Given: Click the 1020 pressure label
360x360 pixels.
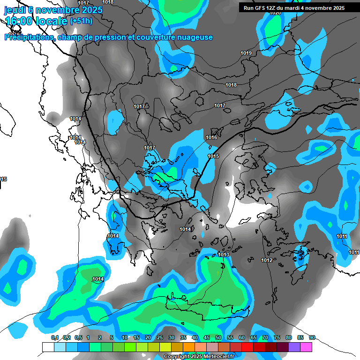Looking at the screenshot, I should pos(275,13).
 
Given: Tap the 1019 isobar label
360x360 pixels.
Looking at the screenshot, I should pos(246,53).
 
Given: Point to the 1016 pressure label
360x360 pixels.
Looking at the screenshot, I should pos(211,137).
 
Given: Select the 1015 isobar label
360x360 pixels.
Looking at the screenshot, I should pos(213,156).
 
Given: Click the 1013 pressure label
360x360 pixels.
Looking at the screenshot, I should pos(224,255).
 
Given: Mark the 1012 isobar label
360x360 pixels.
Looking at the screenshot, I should pos(267,260).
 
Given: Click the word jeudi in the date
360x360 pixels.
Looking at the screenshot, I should pos(15,9).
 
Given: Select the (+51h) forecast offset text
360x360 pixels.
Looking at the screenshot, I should pos(81,21).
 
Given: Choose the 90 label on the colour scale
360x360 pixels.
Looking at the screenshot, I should pos(312,337).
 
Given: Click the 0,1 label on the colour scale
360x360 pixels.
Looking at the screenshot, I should pos(55,337).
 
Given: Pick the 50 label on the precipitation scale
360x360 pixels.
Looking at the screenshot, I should pos(218,337).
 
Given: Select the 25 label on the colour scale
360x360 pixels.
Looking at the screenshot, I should pos(160,337).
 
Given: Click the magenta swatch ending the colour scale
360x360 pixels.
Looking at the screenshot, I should pos(306,347).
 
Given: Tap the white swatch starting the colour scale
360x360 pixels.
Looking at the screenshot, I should pos(48,347).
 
